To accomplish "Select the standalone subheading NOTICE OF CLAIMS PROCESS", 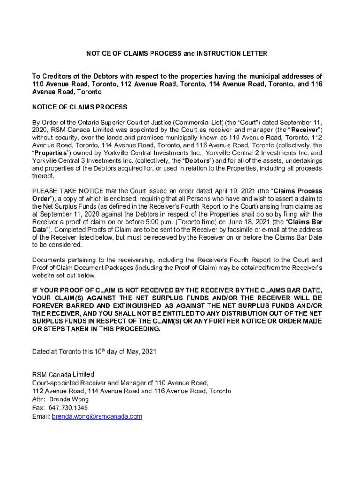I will pyautogui.click(x=79, y=107).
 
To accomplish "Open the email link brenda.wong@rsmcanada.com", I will pyautogui.click(x=97, y=416).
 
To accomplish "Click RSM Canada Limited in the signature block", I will pyautogui.click(x=63, y=374).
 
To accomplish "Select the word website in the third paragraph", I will pyautogui.click(x=44, y=275).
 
